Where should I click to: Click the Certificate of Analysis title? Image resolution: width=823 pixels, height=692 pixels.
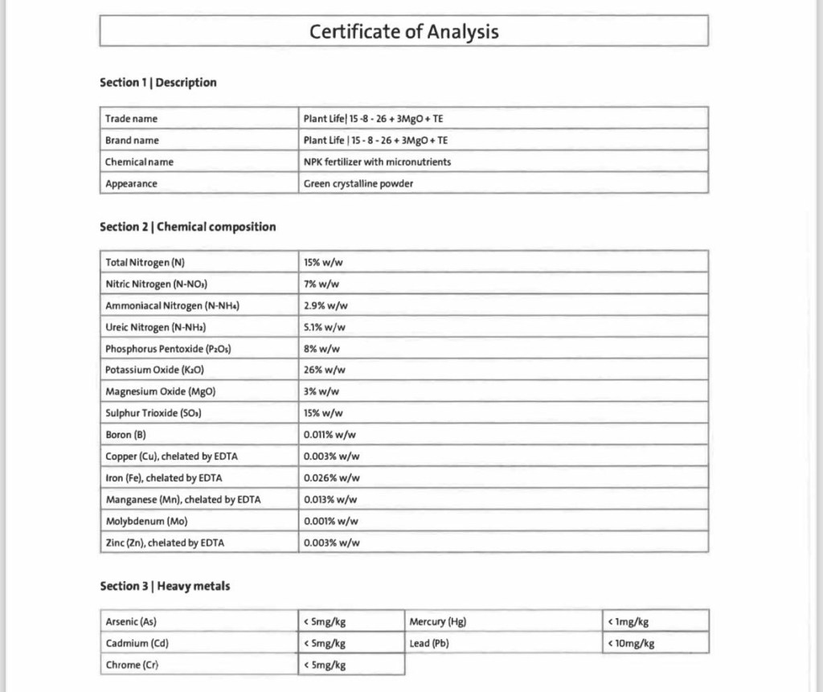403,31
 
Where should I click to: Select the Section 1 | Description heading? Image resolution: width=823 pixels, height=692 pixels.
158,82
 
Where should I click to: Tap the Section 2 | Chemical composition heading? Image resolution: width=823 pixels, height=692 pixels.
187,227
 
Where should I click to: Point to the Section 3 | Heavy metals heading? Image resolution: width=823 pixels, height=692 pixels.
165,586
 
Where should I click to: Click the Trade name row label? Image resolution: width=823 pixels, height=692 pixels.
132,119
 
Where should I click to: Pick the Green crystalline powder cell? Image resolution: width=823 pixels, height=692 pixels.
358,183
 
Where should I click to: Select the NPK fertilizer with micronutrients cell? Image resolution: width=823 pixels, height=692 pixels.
377,162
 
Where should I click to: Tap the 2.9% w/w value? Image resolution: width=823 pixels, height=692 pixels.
326,305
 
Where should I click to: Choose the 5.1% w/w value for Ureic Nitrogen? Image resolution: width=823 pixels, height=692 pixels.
325,327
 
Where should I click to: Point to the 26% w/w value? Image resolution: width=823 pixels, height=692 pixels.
324,370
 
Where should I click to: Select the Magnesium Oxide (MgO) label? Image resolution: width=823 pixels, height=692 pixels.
161,391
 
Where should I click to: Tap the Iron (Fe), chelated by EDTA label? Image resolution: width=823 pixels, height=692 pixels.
164,478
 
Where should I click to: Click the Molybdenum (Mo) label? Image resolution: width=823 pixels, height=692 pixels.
146,521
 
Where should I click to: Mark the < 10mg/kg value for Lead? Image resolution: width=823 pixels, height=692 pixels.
632,643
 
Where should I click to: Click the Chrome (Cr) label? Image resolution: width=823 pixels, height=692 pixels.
133,665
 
